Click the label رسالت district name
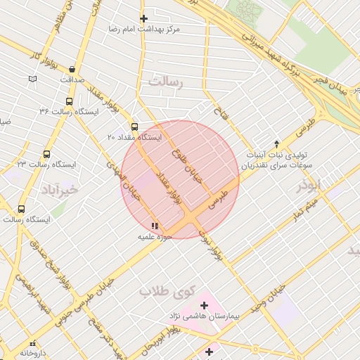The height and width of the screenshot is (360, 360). coord(166,83)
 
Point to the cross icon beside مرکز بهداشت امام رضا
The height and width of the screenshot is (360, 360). coord(144,18)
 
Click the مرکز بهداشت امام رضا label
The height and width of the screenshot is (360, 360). coord(144,30)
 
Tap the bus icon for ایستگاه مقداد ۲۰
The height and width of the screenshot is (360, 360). coord(135,127)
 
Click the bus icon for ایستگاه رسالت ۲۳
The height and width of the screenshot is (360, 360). coord(47,154)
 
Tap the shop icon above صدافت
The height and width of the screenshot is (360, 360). coord(72,70)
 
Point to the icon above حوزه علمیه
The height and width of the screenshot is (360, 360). coord(155,226)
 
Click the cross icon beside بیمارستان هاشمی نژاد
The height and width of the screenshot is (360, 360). coord(204,305)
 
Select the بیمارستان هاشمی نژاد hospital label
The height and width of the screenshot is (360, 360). coord(203,317)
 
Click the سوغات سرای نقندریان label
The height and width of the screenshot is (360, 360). coord(277,167)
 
